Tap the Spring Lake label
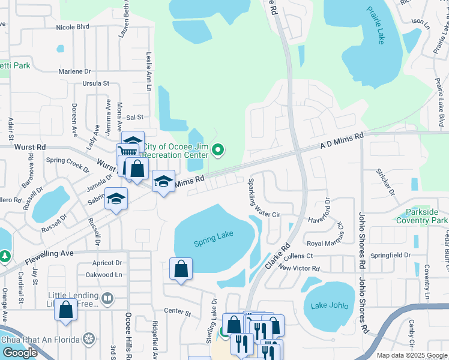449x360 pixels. click(213, 242)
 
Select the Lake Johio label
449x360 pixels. click(330, 305)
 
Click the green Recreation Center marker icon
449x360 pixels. click(218, 150)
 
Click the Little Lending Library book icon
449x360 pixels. click(107, 298)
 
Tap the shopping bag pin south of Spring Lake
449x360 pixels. click(181, 271)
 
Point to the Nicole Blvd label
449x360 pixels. click(72, 27)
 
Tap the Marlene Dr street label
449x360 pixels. click(74, 71)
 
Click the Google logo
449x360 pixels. click(20, 352)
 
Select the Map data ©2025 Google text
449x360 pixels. click(412, 355)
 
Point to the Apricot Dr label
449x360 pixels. click(107, 263)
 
